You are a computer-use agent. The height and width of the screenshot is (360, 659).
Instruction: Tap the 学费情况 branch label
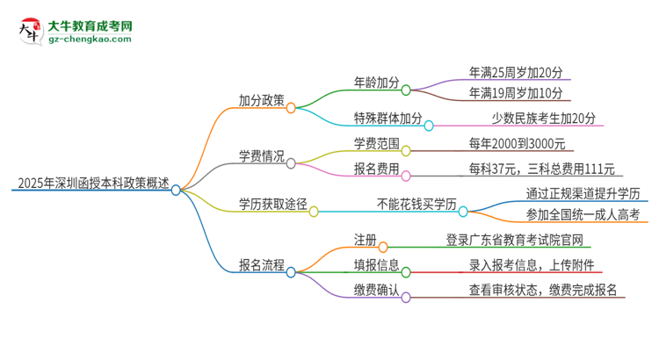(x=261, y=156)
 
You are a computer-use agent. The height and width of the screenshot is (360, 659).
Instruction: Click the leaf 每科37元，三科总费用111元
(x=542, y=168)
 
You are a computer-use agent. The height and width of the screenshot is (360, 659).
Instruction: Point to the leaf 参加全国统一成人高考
(x=584, y=214)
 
